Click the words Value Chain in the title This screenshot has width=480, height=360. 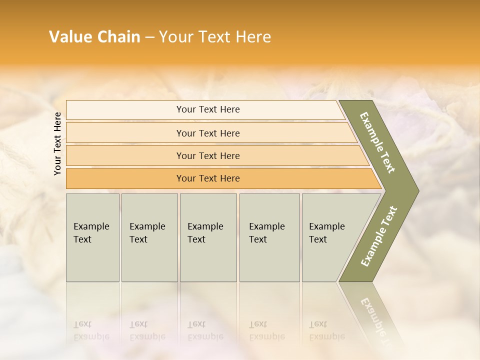(94, 37)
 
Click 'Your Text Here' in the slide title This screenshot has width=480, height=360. (215, 37)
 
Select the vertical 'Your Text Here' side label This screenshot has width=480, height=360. (57, 143)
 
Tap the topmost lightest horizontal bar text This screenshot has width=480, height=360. (208, 109)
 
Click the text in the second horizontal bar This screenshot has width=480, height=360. (208, 133)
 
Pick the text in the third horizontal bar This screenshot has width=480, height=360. (208, 155)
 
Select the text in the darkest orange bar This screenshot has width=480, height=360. (208, 178)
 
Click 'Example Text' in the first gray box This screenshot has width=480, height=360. (91, 232)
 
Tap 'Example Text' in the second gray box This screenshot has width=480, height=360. (147, 232)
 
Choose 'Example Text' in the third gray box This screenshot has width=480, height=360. (205, 232)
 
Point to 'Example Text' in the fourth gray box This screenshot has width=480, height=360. (266, 232)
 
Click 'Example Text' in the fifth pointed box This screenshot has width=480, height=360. (326, 232)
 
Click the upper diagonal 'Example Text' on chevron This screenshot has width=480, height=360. (377, 142)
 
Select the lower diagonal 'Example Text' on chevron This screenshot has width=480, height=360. (378, 236)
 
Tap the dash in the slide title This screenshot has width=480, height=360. (149, 37)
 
